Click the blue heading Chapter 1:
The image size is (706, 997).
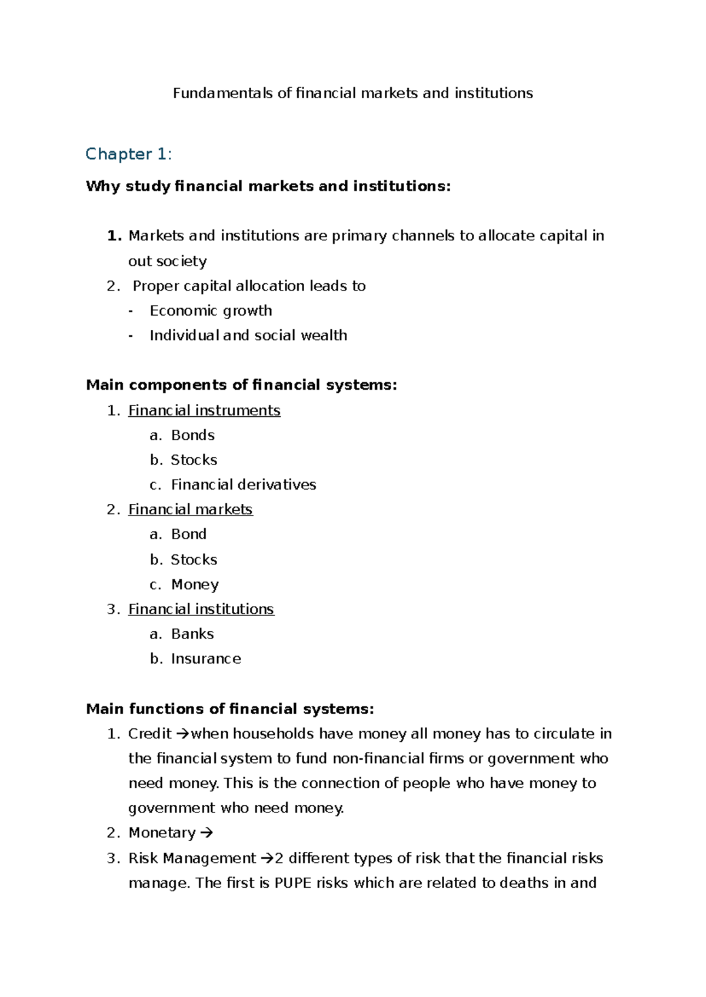coord(128,154)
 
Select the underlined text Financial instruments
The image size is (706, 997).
coord(204,410)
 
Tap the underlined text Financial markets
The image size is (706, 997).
coord(190,509)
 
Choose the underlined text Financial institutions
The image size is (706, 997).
coord(201,609)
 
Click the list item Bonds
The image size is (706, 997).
coord(192,435)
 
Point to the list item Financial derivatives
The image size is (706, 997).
coord(243,484)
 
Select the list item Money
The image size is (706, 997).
coord(195,584)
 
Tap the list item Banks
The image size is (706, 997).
coord(192,634)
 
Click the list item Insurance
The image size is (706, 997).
coord(205,658)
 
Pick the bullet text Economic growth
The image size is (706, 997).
coord(211,310)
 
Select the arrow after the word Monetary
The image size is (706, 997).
coord(206,833)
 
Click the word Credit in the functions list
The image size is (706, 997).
coord(149,734)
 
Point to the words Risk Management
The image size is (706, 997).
coord(192,858)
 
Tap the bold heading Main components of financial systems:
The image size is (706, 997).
coord(241,385)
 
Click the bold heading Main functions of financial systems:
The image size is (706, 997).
coord(229,709)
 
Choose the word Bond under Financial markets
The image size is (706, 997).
coord(188,534)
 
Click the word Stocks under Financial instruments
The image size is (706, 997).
coord(194,460)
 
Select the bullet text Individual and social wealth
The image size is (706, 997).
coord(248,335)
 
